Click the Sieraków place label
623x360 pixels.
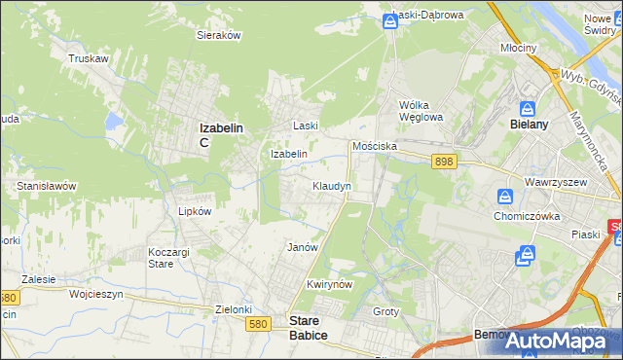click(219, 34)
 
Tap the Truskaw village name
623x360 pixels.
click(87, 58)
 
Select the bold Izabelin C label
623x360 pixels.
click(220, 133)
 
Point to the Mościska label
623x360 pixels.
click(375, 145)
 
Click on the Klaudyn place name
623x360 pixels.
click(331, 185)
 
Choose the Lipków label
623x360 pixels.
click(181, 209)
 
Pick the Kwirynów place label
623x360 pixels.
click(327, 284)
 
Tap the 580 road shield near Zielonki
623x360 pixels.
click(258, 324)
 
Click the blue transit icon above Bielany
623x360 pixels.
click(528, 108)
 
